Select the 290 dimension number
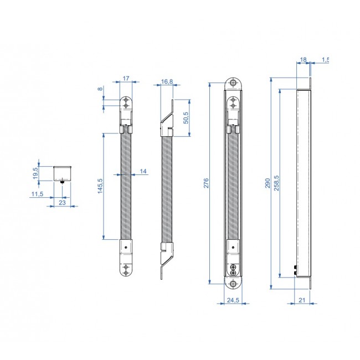coord(268,183)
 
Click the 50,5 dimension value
coord(186,118)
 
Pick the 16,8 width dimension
coord(167,82)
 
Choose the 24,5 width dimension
coord(233,301)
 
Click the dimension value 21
coord(301,300)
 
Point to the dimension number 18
coord(303,59)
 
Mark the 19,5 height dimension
coord(35,173)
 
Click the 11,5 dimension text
coord(37,193)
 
